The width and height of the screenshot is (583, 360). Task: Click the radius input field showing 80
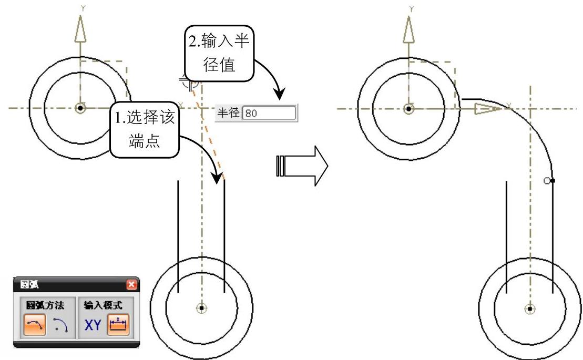[x=269, y=113]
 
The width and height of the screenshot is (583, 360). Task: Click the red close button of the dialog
[x=131, y=284]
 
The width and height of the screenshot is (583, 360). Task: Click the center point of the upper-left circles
[x=80, y=108]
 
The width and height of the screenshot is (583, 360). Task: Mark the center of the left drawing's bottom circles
[x=201, y=307]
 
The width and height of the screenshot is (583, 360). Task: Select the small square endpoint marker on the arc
[x=552, y=180]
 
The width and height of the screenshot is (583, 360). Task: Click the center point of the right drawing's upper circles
[x=408, y=109]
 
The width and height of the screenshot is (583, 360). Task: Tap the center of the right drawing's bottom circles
[x=530, y=308]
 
